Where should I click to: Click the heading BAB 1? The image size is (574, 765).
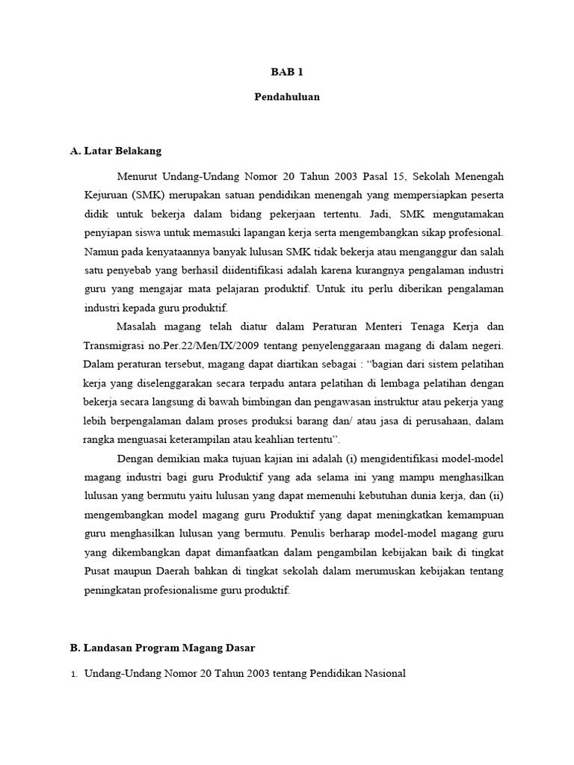(287, 72)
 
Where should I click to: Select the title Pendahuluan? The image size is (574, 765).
(287, 98)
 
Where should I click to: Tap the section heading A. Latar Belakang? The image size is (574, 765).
(115, 150)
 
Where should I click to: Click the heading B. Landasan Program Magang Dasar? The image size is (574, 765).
(163, 648)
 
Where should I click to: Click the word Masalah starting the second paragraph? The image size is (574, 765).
(138, 326)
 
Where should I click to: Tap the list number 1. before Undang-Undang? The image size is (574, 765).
(74, 674)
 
